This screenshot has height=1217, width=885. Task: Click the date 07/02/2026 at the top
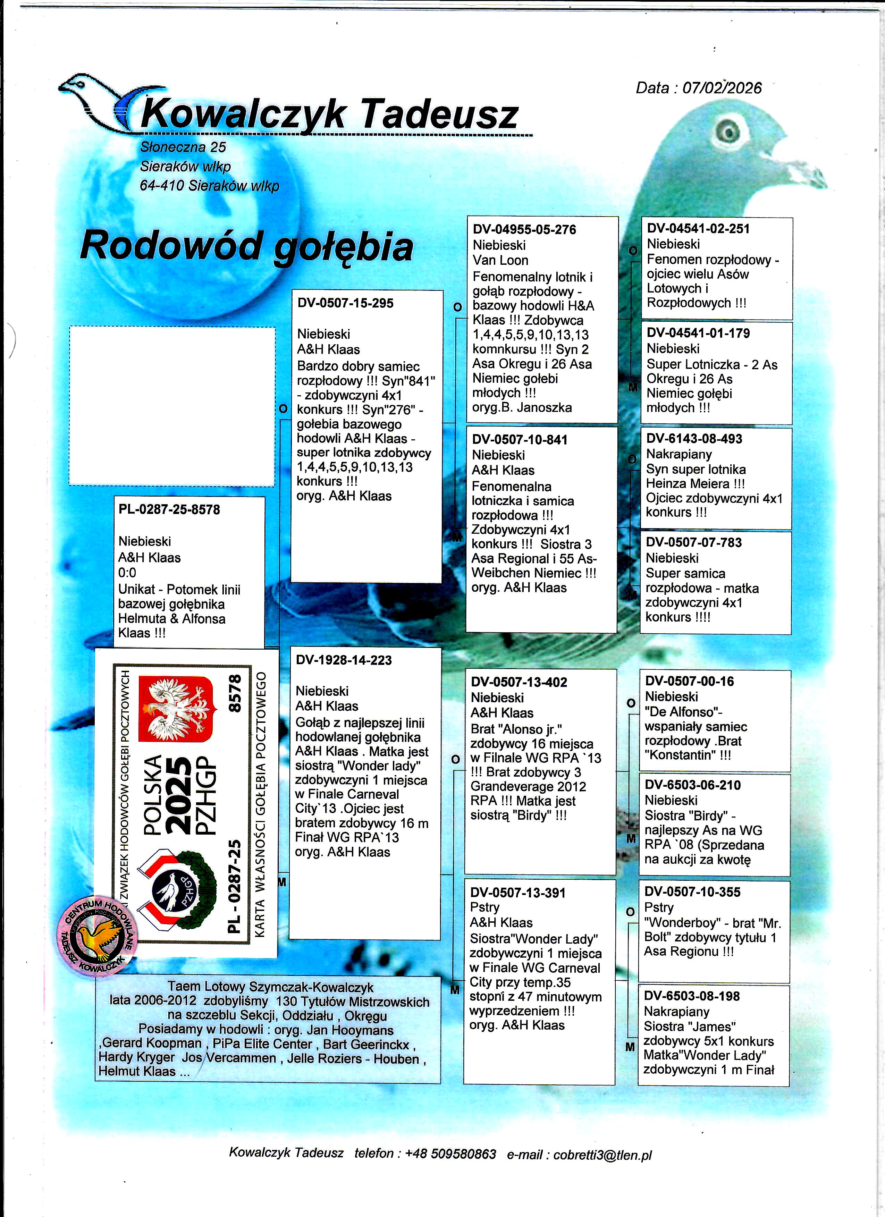click(722, 88)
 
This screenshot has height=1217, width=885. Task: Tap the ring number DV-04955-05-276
click(524, 230)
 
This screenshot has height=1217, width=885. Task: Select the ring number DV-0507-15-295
click(345, 303)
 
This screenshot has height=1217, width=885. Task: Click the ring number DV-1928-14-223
click(344, 660)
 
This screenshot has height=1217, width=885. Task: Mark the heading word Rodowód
click(171, 246)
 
